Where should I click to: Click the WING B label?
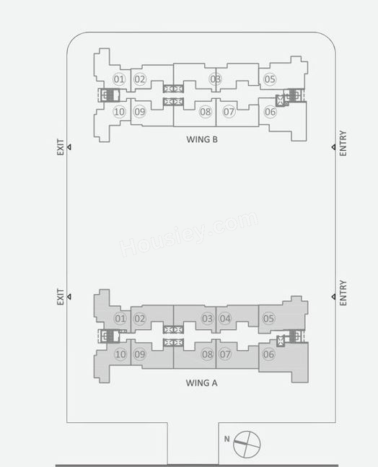[202, 139]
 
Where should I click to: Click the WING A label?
[201, 383]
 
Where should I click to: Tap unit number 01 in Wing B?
[119, 79]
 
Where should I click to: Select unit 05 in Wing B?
[270, 79]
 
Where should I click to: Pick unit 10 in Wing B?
[119, 112]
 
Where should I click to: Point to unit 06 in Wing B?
[270, 112]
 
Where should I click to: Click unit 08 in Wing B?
[205, 112]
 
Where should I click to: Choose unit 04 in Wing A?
[225, 318]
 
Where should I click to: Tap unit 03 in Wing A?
[208, 318]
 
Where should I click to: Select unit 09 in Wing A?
[140, 354]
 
